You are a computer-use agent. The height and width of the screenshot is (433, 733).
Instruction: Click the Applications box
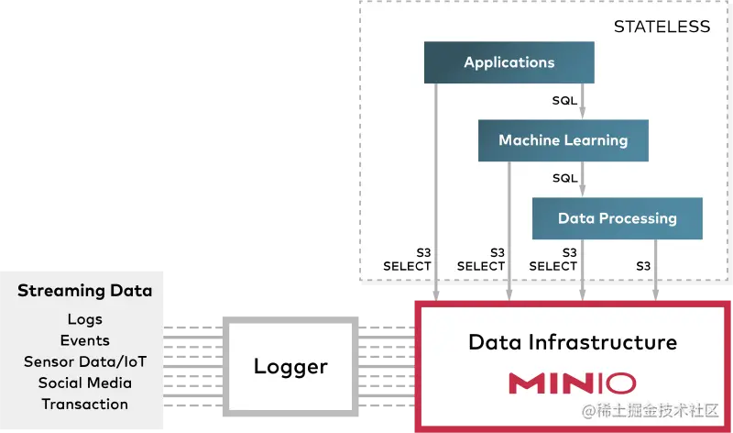click(509, 62)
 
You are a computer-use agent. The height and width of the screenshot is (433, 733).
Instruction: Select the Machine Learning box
click(563, 140)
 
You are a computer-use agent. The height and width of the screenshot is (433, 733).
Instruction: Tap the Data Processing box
click(617, 218)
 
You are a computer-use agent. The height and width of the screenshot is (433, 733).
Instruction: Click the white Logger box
click(290, 366)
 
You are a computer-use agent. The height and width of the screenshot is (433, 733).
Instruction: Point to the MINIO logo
click(572, 383)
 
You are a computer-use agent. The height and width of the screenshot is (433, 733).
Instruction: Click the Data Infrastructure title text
click(572, 342)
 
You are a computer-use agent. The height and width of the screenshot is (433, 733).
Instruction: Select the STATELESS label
click(662, 27)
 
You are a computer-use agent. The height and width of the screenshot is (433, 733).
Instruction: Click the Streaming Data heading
click(84, 291)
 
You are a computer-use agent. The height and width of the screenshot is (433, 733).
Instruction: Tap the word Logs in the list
click(84, 319)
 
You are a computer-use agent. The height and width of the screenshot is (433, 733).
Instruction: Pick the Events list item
click(84, 340)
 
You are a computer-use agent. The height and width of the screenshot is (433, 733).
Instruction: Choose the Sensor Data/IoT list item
click(84, 361)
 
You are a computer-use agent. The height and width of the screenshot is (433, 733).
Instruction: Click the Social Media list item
click(84, 383)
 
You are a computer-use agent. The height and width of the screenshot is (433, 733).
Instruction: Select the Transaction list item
click(84, 404)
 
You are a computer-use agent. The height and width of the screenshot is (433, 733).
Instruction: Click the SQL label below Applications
click(564, 100)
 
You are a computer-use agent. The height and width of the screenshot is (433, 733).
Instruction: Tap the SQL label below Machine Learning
click(564, 178)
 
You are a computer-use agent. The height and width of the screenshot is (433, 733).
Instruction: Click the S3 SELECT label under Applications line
click(407, 259)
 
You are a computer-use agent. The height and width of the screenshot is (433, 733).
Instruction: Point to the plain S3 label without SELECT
click(643, 266)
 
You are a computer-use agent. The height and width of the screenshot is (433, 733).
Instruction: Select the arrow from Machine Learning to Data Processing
click(583, 181)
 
